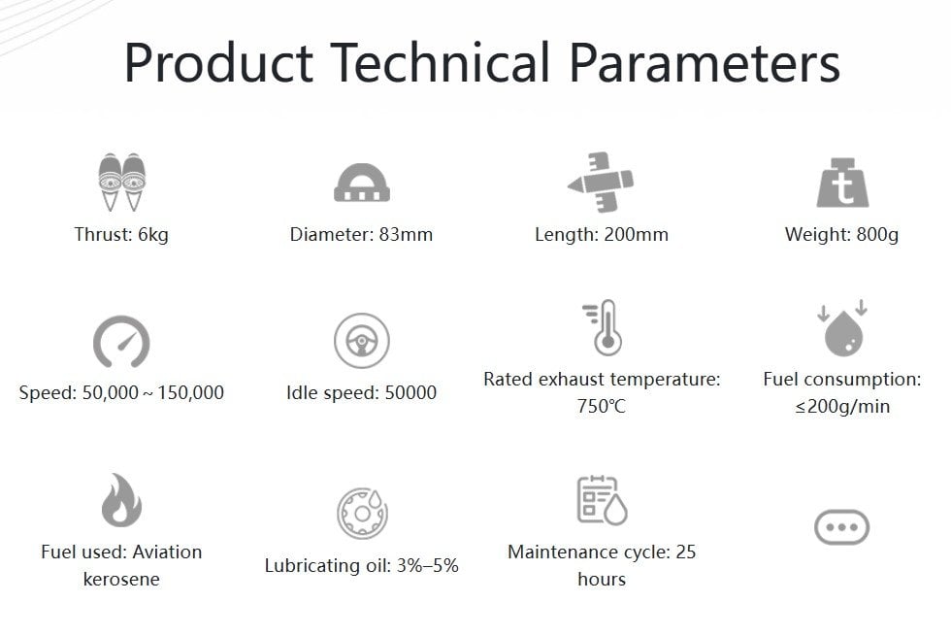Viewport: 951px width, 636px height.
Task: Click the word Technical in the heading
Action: point(440,62)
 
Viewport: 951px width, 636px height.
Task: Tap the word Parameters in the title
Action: point(705,62)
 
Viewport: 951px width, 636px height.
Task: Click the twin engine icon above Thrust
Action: point(122,182)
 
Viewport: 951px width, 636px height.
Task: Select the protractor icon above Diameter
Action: point(361,183)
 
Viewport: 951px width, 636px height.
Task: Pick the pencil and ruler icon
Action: point(601,183)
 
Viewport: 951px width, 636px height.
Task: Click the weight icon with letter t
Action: point(842,183)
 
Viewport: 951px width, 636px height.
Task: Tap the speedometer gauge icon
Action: point(121,342)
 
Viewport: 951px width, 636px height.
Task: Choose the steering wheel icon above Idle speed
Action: point(361,341)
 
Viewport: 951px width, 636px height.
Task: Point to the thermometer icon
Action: point(603,327)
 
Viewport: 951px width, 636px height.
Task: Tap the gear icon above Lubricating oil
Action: point(362,513)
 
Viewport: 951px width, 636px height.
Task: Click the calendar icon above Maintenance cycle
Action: point(602,499)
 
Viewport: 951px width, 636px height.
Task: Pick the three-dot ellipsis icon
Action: point(842,526)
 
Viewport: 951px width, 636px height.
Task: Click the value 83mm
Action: point(406,234)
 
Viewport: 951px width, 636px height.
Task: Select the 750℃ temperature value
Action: point(601,406)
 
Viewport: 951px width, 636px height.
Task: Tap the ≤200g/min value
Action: point(842,406)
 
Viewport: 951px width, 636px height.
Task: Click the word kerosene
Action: point(121,579)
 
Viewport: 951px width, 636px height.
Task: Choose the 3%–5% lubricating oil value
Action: point(428,565)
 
